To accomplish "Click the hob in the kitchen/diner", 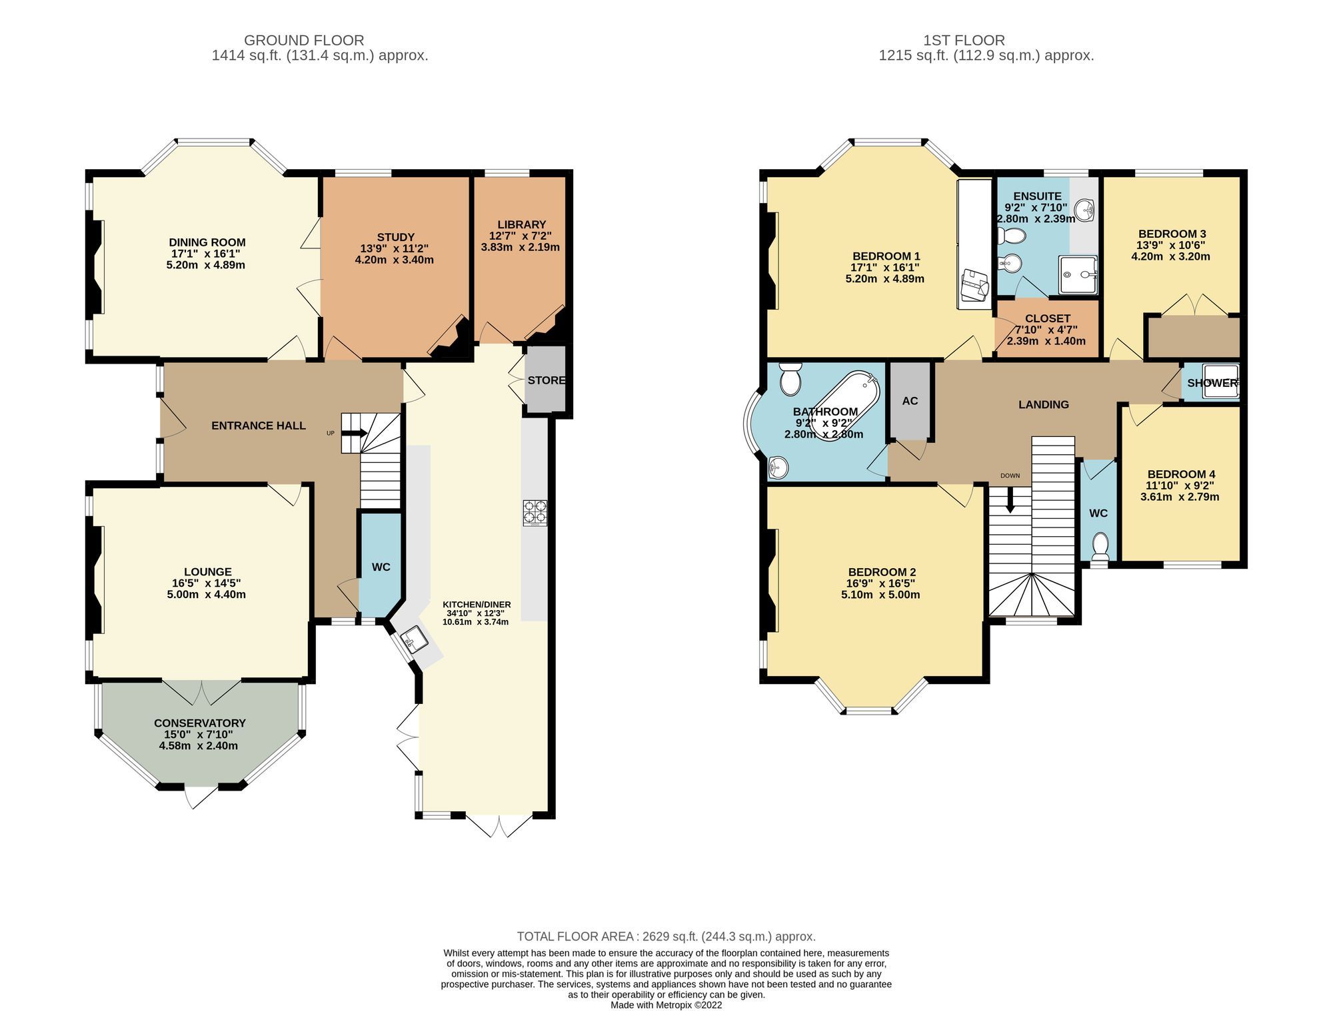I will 535,513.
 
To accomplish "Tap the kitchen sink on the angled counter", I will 414,639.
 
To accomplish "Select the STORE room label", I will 546,380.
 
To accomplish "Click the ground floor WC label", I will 381,567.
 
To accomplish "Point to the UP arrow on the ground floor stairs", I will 354,433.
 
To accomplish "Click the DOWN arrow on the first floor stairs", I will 1010,500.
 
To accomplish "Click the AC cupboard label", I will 910,401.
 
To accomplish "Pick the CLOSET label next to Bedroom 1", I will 1048,318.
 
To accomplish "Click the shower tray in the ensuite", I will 1077,275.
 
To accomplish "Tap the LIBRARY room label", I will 521,224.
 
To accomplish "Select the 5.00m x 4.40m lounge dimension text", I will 207,594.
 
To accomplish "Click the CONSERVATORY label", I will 200,723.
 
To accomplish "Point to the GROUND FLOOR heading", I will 304,40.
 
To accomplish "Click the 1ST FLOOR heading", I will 964,40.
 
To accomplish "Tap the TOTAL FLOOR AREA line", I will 666,936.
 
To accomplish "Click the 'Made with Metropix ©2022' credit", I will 666,1005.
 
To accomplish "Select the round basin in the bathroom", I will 778,468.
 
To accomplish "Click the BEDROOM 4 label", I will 1180,474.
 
